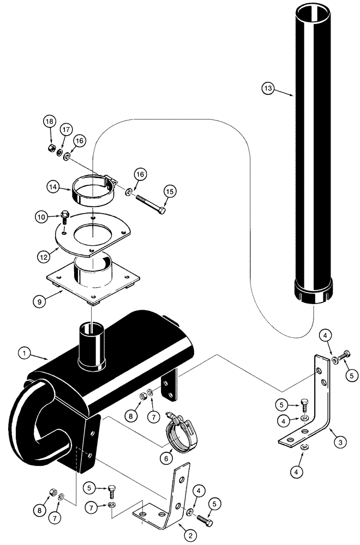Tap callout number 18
pyautogui.click(x=49, y=121)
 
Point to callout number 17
pyautogui.click(x=65, y=130)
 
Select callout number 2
pyautogui.click(x=190, y=536)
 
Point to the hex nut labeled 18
pyautogui.click(x=50, y=148)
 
